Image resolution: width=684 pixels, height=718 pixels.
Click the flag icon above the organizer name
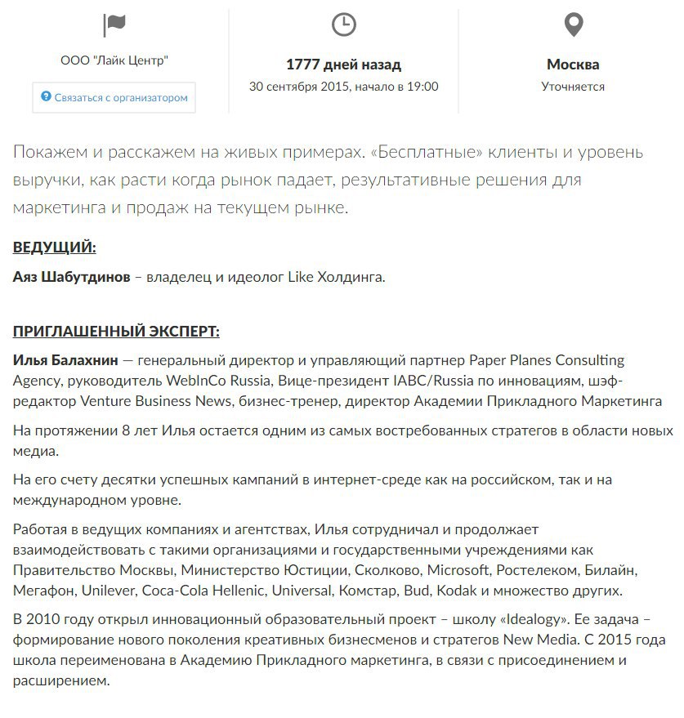tap(114, 25)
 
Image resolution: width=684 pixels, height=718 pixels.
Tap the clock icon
tap(344, 25)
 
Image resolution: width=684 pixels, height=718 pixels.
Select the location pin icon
tap(574, 25)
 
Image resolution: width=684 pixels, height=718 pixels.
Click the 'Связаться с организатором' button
tap(114, 97)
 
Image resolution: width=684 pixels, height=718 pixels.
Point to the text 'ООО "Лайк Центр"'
tap(114, 60)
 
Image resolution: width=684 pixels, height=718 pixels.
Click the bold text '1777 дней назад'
tap(343, 65)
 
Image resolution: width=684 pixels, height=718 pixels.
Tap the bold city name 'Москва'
tap(573, 65)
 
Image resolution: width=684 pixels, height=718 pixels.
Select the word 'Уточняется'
tap(573, 87)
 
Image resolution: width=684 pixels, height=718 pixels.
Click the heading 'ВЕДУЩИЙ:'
tap(55, 248)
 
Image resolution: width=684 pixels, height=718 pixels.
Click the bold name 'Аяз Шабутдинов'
tap(71, 278)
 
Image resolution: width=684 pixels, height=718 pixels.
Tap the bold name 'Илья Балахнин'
tap(66, 360)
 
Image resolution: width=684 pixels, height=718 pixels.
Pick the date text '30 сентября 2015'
tap(300, 87)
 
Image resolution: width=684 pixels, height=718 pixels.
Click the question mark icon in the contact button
tap(47, 97)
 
